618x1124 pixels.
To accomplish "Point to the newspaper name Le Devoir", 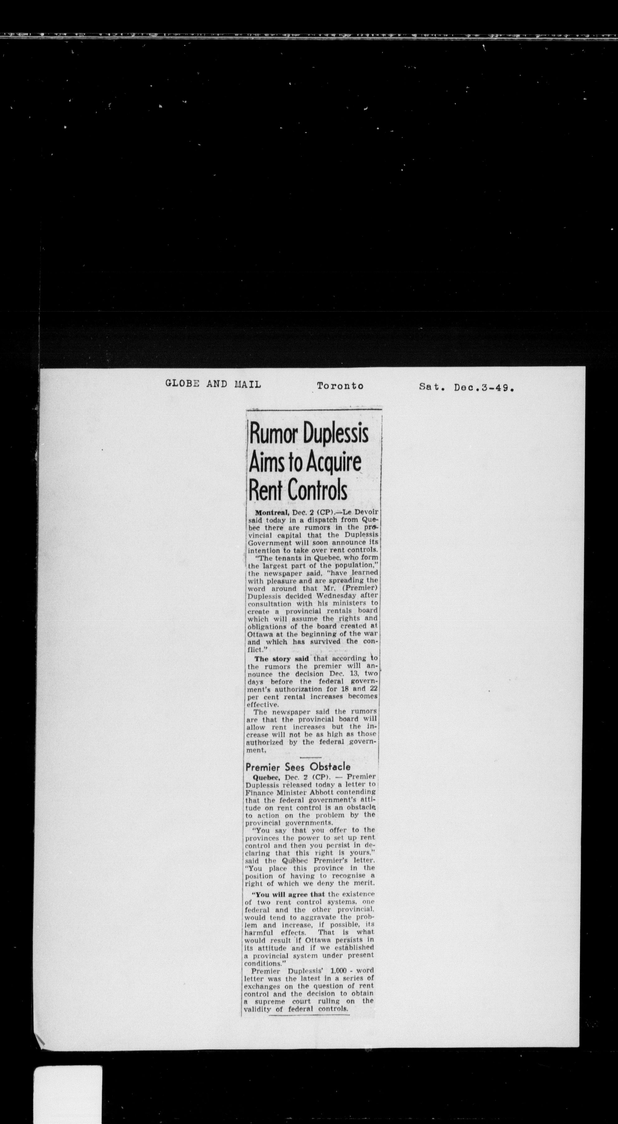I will pos(360,512).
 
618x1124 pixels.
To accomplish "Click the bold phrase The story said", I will pos(281,659).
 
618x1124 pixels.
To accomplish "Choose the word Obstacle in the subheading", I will pos(330,767).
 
